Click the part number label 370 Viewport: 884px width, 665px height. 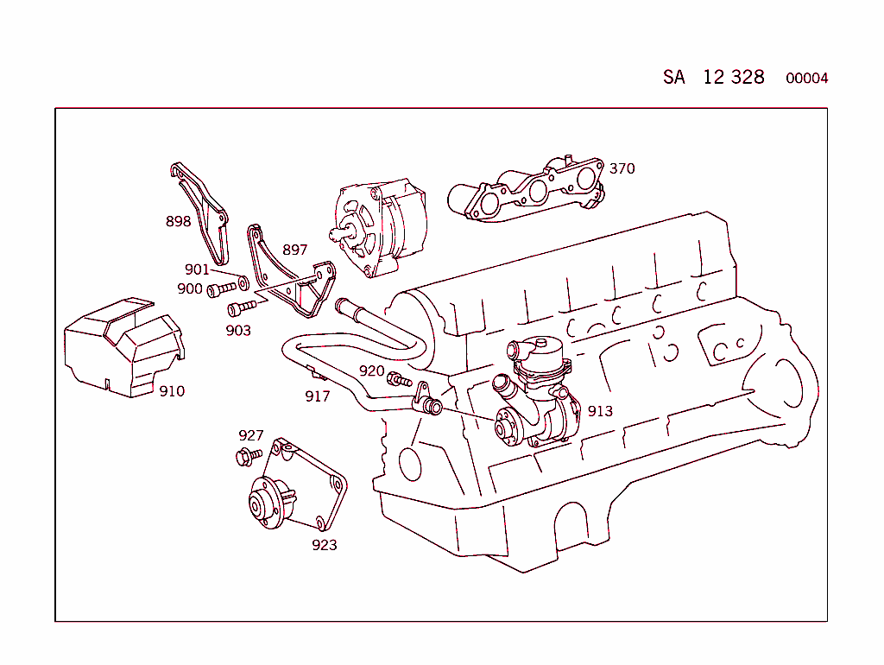pyautogui.click(x=622, y=168)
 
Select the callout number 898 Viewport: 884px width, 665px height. pyautogui.click(x=178, y=222)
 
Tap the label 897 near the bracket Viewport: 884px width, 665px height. pyautogui.click(x=294, y=250)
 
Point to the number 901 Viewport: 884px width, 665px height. pyautogui.click(x=197, y=270)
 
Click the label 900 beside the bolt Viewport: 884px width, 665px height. pyautogui.click(x=190, y=289)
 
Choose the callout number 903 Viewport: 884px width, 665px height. pyautogui.click(x=238, y=331)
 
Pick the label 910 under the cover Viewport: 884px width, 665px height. pyautogui.click(x=172, y=391)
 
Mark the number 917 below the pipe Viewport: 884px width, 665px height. pyautogui.click(x=318, y=397)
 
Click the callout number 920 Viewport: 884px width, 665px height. pyautogui.click(x=371, y=371)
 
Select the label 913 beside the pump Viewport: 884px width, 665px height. pyautogui.click(x=600, y=411)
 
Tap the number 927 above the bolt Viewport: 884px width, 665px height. pyautogui.click(x=251, y=436)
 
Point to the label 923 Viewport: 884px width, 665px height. pyautogui.click(x=325, y=545)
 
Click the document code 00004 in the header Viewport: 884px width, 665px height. pyautogui.click(x=806, y=79)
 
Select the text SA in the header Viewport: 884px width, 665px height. pyautogui.click(x=674, y=77)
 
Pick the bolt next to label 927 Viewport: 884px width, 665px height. pyautogui.click(x=247, y=455)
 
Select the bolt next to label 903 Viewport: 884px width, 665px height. pyautogui.click(x=241, y=308)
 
